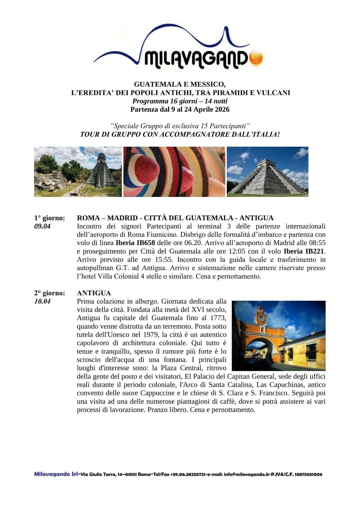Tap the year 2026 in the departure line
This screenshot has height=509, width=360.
[x=221, y=109]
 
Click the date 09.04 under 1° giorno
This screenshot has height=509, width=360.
[x=42, y=226]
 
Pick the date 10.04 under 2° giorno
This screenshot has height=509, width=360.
[x=42, y=301]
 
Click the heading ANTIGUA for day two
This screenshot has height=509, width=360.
[x=94, y=293]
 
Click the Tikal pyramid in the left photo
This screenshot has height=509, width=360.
[x=101, y=171]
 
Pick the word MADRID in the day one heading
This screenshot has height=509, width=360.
[x=122, y=218]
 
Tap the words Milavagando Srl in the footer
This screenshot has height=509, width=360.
[x=56, y=474]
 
